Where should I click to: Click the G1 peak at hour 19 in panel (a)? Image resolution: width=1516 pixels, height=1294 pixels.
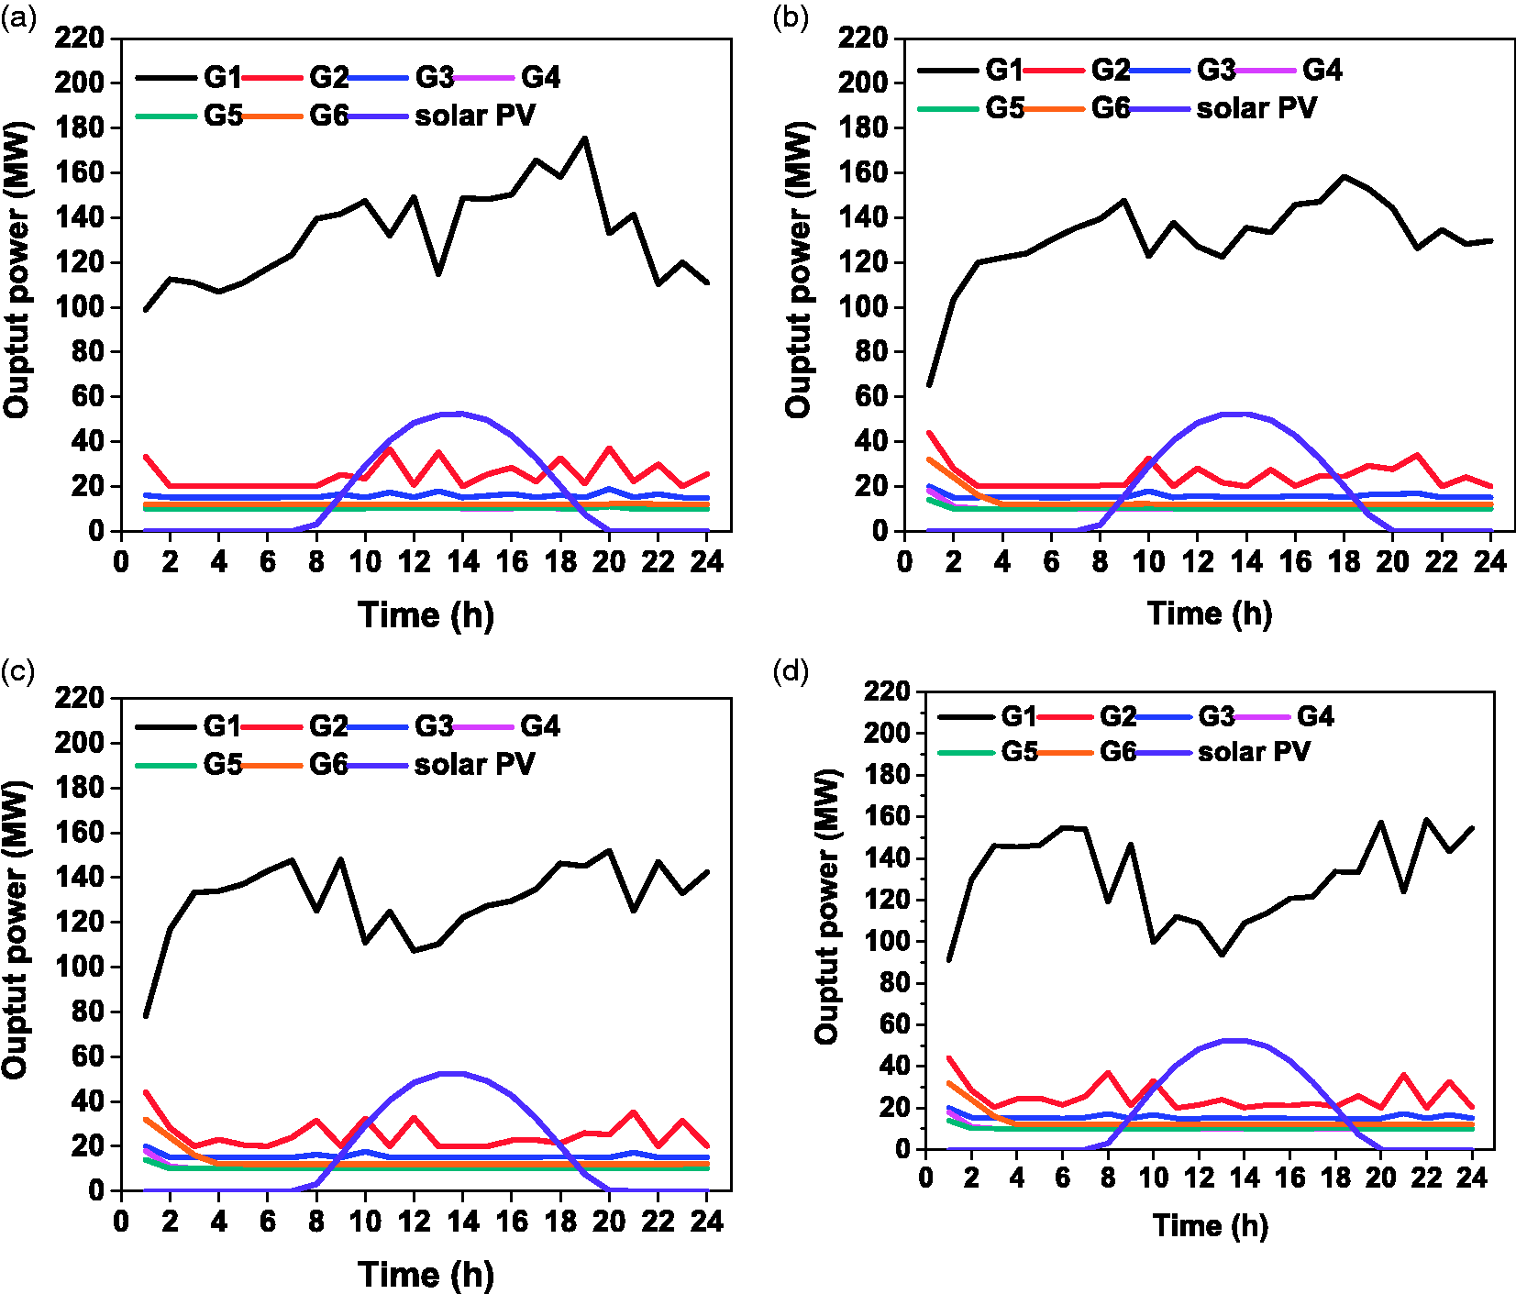point(584,138)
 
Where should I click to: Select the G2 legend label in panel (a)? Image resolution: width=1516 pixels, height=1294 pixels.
point(329,77)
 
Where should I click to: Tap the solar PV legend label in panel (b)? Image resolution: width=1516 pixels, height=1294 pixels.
point(1256,108)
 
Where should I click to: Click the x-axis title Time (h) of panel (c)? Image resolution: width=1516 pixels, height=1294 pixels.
point(426,1275)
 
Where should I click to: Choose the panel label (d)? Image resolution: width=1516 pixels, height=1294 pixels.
point(791,672)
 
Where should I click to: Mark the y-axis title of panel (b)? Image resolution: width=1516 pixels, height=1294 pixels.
point(800,271)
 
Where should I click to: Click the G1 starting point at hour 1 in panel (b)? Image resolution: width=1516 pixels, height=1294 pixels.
point(929,385)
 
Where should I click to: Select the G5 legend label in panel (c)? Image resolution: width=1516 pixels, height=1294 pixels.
point(223,764)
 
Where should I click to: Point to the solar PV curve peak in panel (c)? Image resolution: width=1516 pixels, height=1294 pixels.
point(450,1073)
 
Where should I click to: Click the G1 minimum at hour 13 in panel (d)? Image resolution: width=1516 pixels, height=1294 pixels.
point(1222,955)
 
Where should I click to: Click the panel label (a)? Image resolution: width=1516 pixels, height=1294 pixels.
point(18,19)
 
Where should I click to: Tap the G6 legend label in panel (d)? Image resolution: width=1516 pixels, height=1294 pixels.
point(1118,752)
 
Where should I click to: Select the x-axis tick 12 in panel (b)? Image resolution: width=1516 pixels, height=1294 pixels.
point(1198,561)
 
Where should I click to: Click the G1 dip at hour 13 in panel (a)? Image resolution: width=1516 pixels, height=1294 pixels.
point(438,273)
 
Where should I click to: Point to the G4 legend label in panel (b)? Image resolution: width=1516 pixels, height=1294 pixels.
point(1322,70)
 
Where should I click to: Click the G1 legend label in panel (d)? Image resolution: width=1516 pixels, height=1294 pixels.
point(1019,716)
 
